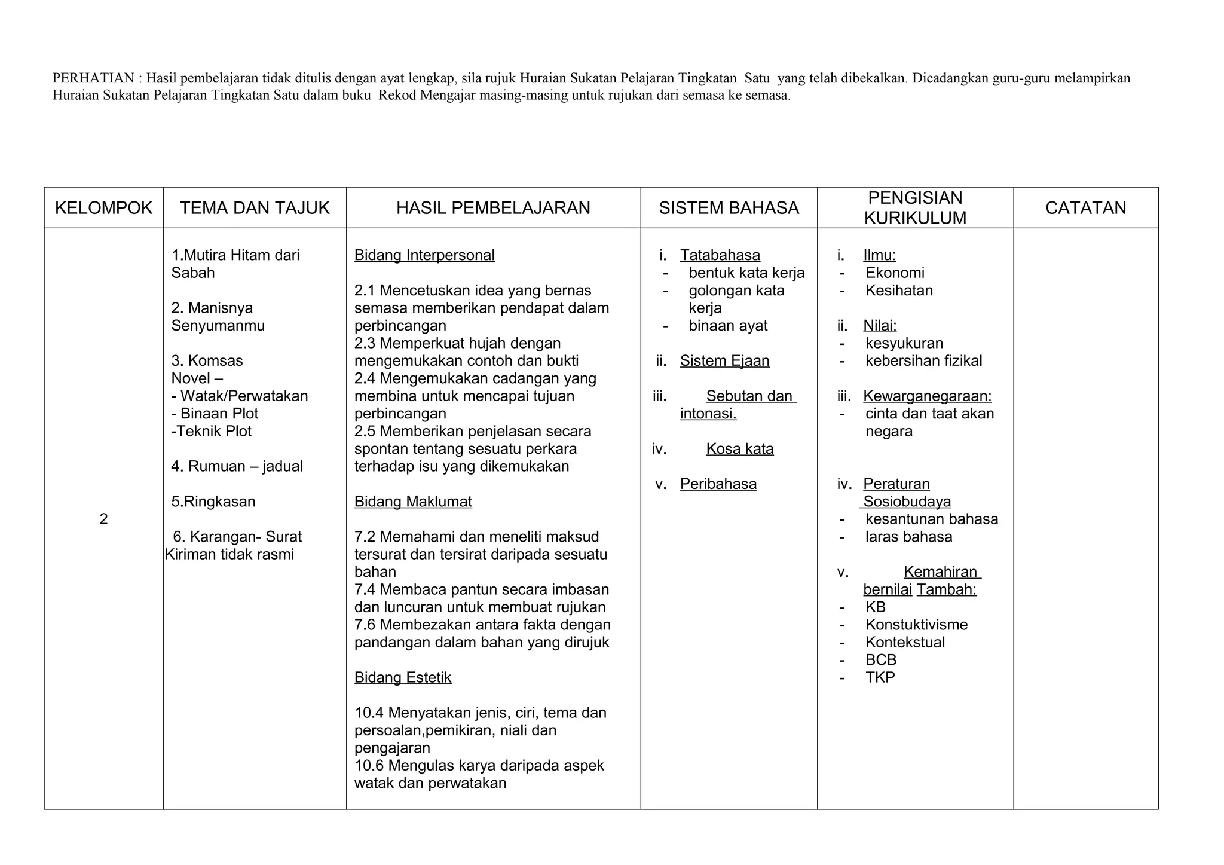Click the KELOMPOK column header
click(x=103, y=208)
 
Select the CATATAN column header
click(x=1085, y=208)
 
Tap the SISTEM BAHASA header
click(x=729, y=208)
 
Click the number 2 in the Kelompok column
click(x=103, y=519)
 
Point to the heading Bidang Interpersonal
click(x=424, y=255)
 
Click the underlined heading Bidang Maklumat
click(x=413, y=502)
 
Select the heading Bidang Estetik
click(x=403, y=677)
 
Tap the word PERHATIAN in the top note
click(x=93, y=78)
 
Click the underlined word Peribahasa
click(x=718, y=484)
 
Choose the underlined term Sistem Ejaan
click(x=724, y=361)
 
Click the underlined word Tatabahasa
click(x=720, y=255)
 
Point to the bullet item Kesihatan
click(x=899, y=291)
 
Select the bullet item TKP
click(x=880, y=677)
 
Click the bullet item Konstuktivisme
click(x=916, y=625)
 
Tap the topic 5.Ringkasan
click(x=213, y=502)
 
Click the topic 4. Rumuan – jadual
click(x=237, y=466)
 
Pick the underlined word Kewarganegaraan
click(x=927, y=396)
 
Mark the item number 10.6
click(x=369, y=766)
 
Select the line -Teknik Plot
click(x=211, y=431)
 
